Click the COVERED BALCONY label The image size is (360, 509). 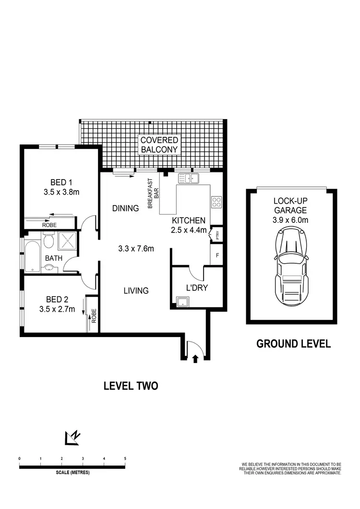tap(159, 145)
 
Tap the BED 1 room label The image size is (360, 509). tap(61, 182)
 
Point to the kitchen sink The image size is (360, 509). tap(190, 179)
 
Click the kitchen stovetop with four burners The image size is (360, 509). tap(216, 202)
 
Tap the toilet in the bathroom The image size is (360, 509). tap(48, 241)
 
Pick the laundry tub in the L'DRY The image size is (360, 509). tap(182, 302)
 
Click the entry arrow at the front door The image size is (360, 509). tap(195, 358)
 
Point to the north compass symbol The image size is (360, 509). tap(72, 437)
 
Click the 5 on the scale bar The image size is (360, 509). tap(125, 459)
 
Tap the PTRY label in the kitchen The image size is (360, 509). tap(217, 235)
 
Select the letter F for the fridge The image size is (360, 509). tap(217, 255)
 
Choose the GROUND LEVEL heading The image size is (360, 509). tap(293, 343)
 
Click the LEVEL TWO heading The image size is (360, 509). tap(131, 385)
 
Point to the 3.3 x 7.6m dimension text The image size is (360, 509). tap(136, 249)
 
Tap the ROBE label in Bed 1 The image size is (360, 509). tap(49, 224)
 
